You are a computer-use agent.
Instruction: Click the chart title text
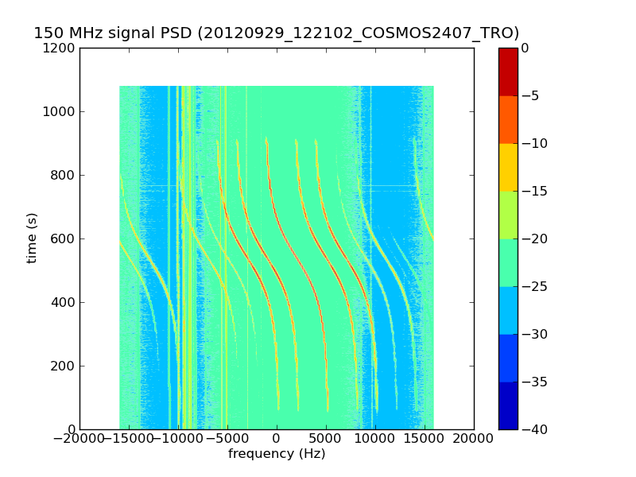pyautogui.click(x=276, y=33)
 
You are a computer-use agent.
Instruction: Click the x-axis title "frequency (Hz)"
pyautogui.click(x=277, y=454)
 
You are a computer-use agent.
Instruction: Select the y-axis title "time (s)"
pyautogui.click(x=33, y=238)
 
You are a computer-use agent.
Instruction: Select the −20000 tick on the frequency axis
pyautogui.click(x=79, y=440)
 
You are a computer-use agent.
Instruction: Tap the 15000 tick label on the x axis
pyautogui.click(x=425, y=440)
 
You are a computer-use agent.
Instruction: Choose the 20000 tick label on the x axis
pyautogui.click(x=474, y=440)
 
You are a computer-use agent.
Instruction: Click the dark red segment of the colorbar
pyautogui.click(x=508, y=72)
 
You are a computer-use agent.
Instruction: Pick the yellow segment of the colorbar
pyautogui.click(x=508, y=167)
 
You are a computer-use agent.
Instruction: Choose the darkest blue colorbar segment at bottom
pyautogui.click(x=508, y=405)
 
